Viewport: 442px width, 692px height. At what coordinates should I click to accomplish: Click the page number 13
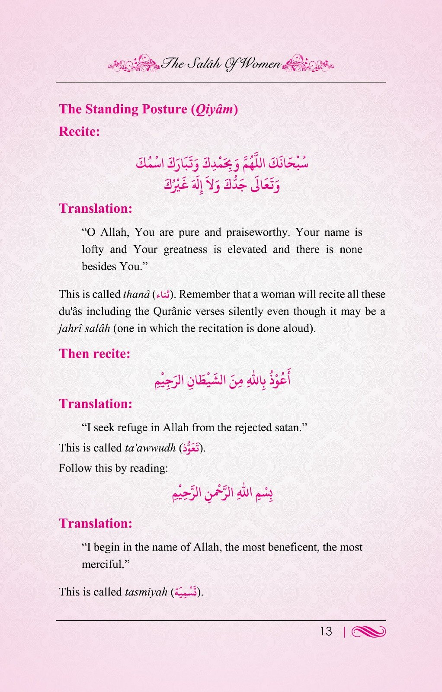tap(326, 631)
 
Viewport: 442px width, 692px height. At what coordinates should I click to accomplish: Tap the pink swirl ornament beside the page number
tap(369, 632)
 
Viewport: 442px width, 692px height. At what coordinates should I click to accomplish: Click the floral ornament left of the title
tap(134, 64)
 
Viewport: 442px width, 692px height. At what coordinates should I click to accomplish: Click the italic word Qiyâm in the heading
tap(214, 109)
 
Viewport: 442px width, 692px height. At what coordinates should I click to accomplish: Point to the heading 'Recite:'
tap(79, 131)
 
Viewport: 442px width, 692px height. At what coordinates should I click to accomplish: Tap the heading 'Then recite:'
tap(94, 353)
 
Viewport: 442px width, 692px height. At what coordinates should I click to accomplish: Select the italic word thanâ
tap(136, 295)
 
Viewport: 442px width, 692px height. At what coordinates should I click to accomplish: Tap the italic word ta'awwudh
tap(150, 448)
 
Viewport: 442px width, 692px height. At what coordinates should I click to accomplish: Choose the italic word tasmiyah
tap(146, 592)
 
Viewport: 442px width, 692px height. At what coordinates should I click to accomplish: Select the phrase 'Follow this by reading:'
tap(113, 468)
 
